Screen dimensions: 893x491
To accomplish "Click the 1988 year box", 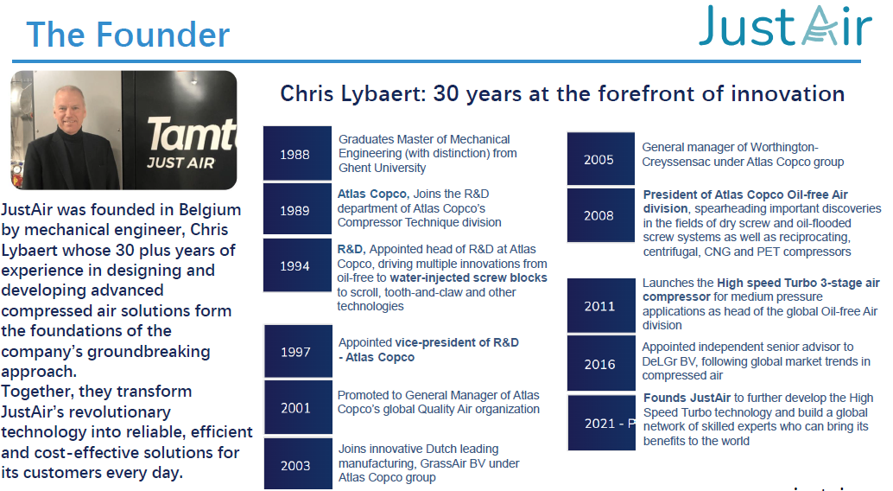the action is (297, 153).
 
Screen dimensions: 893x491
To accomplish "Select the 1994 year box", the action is (297, 265).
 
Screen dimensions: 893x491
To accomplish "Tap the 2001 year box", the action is (298, 407).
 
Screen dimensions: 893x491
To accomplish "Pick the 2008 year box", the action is (601, 215).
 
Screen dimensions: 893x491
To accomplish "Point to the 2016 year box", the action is (601, 363).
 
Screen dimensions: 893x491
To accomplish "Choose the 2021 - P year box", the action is (602, 423).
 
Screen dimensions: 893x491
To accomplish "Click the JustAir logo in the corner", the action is (785, 26).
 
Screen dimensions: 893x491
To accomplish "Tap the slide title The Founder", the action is (128, 35).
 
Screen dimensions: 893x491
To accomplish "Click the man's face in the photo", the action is (69, 108).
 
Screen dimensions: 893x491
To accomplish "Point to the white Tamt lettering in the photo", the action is (192, 135).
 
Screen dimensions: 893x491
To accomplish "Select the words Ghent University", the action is (382, 168).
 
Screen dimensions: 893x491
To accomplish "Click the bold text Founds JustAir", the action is (687, 398).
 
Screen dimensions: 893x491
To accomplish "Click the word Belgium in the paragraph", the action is (210, 210).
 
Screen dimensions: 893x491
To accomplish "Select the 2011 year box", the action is (601, 305).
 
